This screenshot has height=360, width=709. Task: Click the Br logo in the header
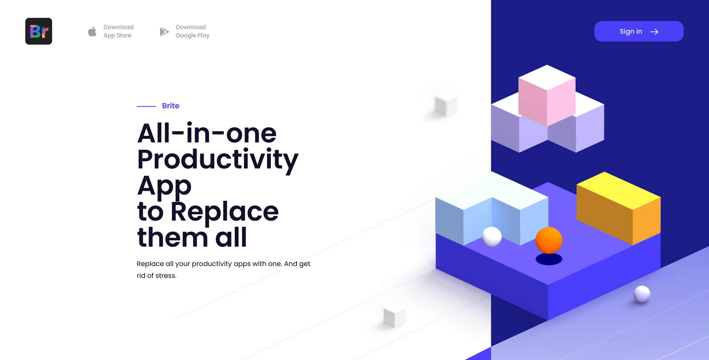[x=39, y=31]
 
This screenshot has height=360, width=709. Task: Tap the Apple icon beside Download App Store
[x=92, y=32]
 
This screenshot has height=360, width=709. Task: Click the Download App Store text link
[x=118, y=31]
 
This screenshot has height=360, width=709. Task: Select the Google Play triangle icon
[x=164, y=32]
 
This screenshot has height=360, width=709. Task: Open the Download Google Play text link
[x=192, y=31]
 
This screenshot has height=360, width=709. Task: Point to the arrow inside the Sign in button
[x=654, y=32]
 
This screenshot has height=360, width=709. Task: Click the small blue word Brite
[x=171, y=106]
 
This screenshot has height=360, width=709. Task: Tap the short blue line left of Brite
[x=146, y=106]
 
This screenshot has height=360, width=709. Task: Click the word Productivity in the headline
[x=218, y=160]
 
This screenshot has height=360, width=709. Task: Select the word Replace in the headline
[x=224, y=211]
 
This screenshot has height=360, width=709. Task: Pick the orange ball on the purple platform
[x=549, y=240]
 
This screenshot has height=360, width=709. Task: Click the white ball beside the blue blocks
[x=492, y=237]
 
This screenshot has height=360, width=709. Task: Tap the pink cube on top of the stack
[x=547, y=96]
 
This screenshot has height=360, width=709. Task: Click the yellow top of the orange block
[x=619, y=190]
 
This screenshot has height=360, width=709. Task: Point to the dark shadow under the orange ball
[x=549, y=259]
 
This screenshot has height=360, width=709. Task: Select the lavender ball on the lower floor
[x=642, y=294]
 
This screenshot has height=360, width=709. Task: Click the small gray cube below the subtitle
[x=395, y=316]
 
